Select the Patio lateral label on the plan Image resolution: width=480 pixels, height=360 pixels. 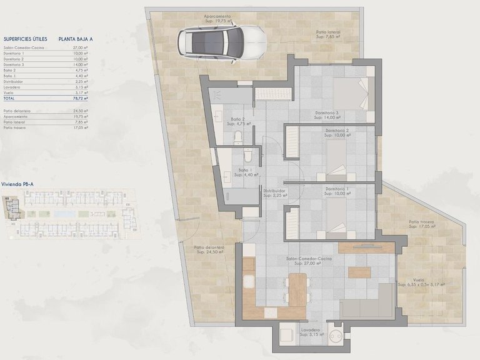pos(327,34)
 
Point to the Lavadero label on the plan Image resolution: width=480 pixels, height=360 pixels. pos(310,332)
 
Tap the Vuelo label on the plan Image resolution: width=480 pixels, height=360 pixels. pos(422,281)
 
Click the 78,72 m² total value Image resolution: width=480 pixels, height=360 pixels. pos(77,99)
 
